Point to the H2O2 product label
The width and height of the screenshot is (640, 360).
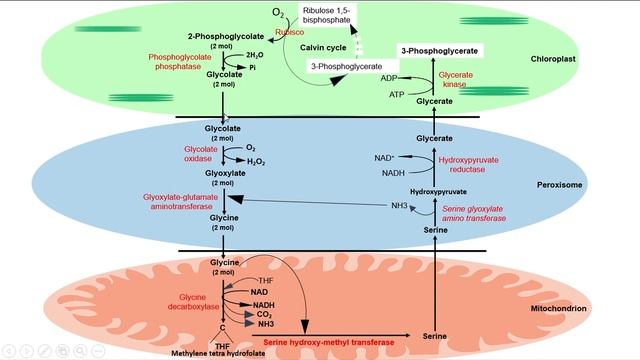[x=256, y=159]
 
